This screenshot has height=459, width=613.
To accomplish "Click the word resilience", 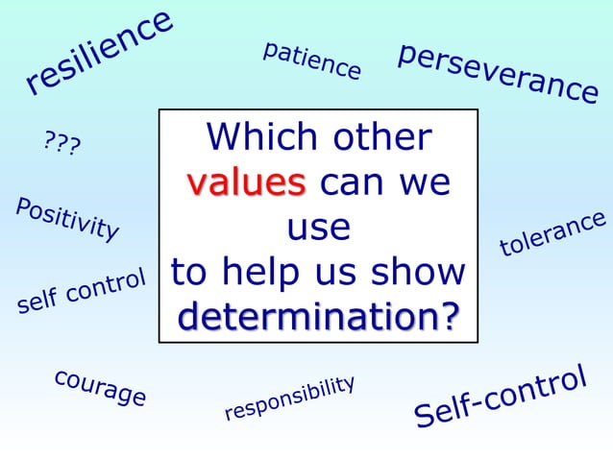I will (99, 54).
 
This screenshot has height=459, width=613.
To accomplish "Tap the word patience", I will (311, 60).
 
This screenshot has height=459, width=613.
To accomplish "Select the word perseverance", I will (498, 72).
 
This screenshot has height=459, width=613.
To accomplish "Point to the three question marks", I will (62, 145).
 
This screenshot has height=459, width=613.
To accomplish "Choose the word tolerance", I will (552, 234).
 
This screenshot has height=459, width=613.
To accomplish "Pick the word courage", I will (100, 386).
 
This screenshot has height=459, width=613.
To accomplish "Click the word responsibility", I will (289, 398).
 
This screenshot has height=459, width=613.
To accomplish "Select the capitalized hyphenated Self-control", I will (500, 397).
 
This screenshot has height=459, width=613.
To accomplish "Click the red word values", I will (246, 181).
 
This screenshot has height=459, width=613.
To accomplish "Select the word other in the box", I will (381, 137).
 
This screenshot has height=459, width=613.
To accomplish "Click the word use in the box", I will (318, 227).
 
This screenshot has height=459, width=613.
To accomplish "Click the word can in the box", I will (354, 181).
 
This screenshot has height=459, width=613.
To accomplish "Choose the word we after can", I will (424, 181).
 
